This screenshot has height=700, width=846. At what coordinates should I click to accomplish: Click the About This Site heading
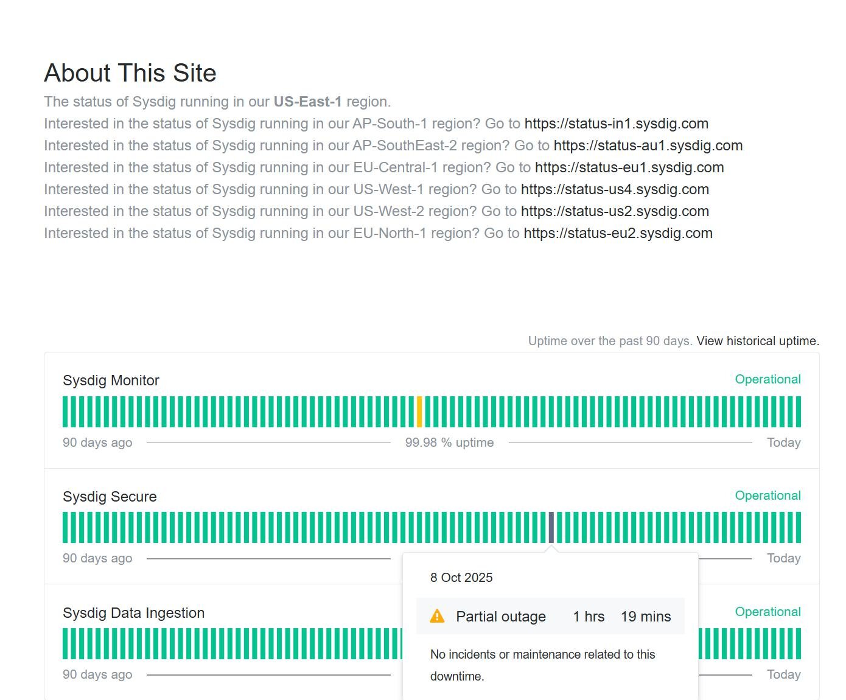point(130,73)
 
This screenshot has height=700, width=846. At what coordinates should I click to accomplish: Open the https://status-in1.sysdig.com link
point(616,124)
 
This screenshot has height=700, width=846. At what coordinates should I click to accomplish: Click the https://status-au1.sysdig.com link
point(648,145)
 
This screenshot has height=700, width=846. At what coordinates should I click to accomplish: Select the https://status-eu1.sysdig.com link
point(629,167)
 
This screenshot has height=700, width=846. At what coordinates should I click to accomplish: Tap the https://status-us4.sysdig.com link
point(615,189)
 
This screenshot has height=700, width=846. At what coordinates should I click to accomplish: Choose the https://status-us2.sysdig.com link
point(615,211)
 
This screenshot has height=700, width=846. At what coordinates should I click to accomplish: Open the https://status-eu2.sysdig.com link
point(618,233)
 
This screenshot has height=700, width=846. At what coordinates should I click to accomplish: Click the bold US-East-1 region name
point(307,102)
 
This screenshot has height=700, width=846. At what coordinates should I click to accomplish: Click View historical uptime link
point(758,341)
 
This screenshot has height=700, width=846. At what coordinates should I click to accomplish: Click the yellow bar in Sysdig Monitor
point(419,411)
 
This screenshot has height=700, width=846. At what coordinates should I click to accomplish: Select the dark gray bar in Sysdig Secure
point(551,527)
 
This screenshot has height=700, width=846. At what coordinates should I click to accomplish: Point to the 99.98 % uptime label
point(449,443)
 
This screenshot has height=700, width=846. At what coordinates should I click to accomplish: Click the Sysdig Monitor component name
point(111,380)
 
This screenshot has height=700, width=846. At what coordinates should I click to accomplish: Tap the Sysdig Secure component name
point(110,497)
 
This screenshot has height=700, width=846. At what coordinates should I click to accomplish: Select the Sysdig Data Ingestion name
point(133,613)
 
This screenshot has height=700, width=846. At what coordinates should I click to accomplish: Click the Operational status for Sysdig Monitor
point(767,379)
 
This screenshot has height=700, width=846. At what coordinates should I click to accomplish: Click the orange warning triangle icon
point(437,617)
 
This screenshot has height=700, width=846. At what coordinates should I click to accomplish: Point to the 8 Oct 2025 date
point(461,578)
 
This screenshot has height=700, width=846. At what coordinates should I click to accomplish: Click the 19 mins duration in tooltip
point(646,617)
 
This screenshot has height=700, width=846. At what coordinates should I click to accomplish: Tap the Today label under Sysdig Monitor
point(783,443)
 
